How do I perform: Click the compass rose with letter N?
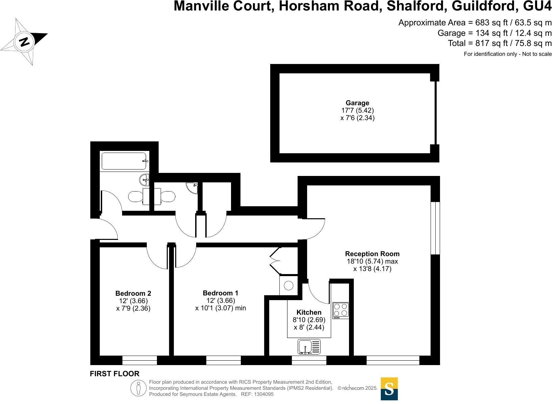[24, 42]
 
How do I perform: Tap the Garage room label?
[357, 103]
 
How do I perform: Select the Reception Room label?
[372, 254]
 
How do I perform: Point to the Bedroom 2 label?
[133, 293]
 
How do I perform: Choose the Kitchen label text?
[309, 312]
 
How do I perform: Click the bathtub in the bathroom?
[124, 161]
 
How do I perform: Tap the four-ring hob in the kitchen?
[341, 310]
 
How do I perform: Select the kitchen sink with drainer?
[309, 346]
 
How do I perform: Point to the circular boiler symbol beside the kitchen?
[289, 286]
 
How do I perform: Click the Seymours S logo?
[389, 389]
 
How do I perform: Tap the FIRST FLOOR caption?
[115, 374]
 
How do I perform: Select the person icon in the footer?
[138, 388]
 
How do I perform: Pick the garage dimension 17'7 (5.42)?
[357, 110]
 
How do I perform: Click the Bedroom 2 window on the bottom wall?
[139, 360]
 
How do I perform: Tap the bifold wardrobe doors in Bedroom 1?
[275, 261]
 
